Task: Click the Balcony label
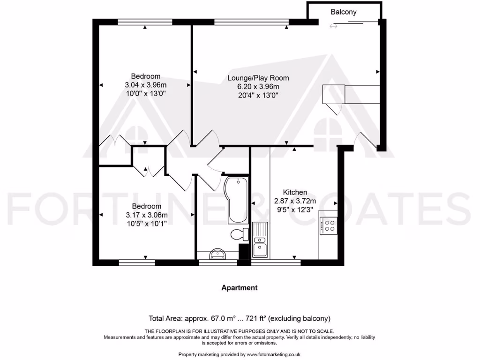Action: (x=344, y=12)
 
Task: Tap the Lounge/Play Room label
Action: (x=258, y=78)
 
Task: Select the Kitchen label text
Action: (x=295, y=192)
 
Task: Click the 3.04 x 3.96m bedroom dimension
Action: (x=145, y=85)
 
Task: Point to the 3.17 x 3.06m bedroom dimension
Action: (x=146, y=215)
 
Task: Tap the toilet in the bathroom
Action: (x=240, y=234)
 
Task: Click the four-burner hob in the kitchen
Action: (x=328, y=226)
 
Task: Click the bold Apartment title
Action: (x=240, y=288)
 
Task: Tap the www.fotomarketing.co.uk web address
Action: (x=273, y=354)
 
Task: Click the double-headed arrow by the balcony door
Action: (x=333, y=26)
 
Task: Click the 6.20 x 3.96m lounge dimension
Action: (x=258, y=86)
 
